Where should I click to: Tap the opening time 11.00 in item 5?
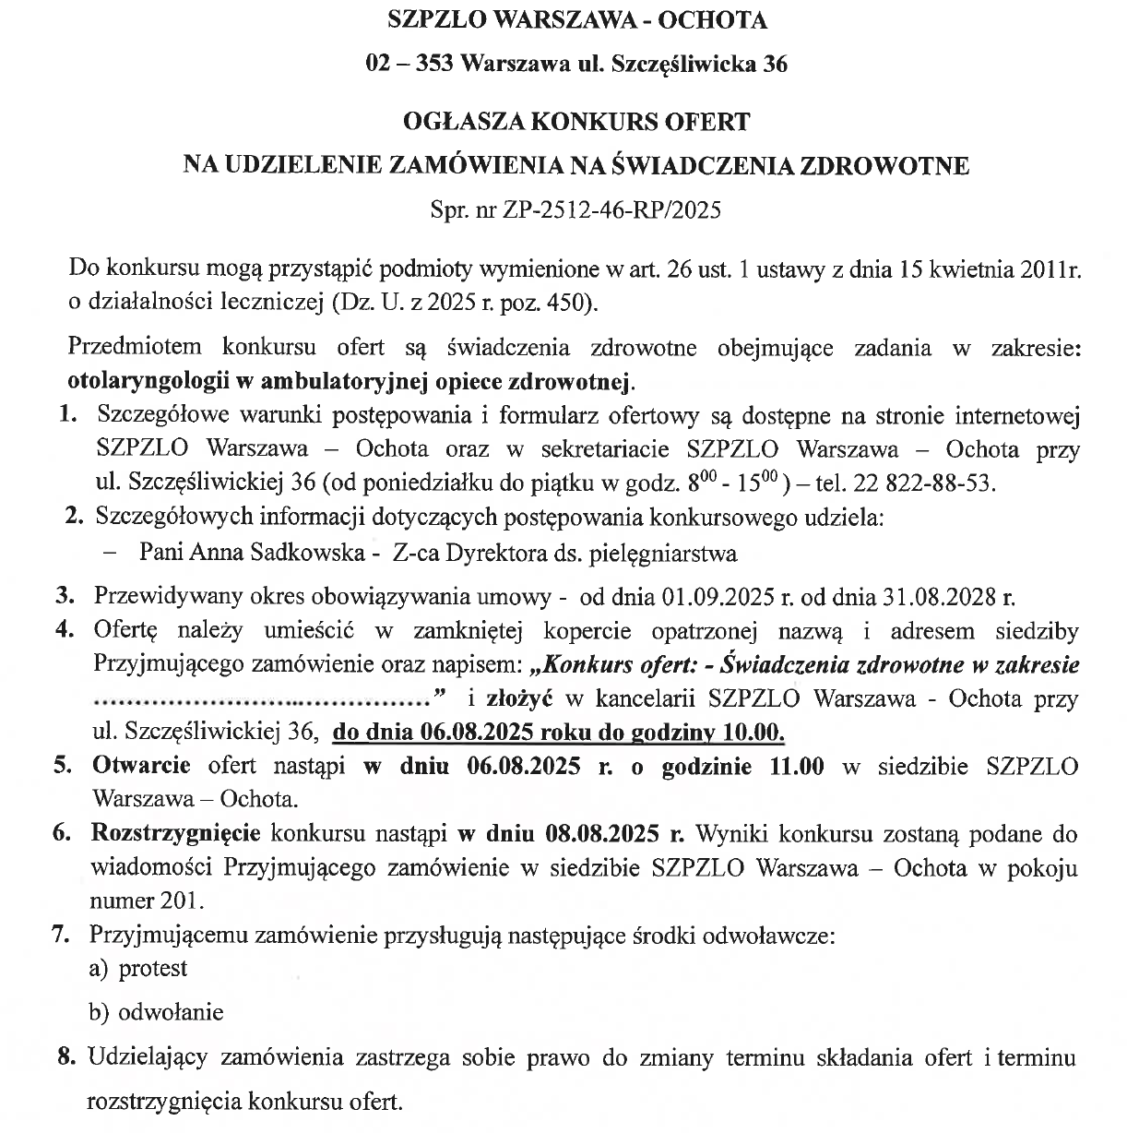click(797, 766)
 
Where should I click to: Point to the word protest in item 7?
click(153, 969)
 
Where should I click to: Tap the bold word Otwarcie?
click(141, 766)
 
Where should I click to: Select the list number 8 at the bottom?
click(65, 1057)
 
